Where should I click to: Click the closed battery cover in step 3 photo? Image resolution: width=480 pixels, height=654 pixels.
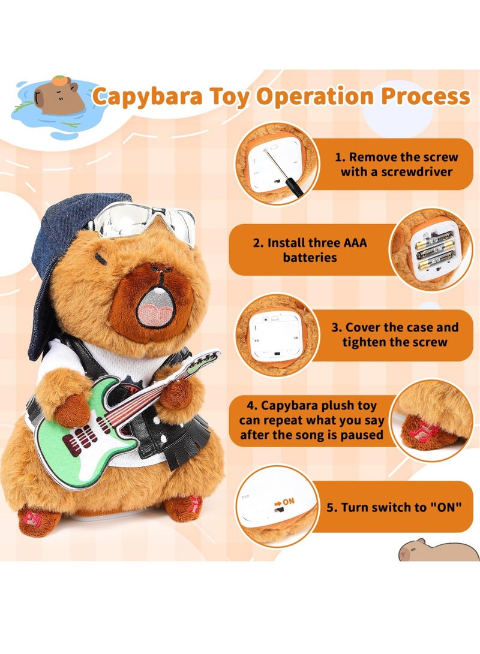pos(274,336)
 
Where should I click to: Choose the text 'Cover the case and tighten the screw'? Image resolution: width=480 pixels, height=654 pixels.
pos(401,335)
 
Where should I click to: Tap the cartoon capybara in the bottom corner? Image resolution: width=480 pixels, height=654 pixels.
pos(439,550)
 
